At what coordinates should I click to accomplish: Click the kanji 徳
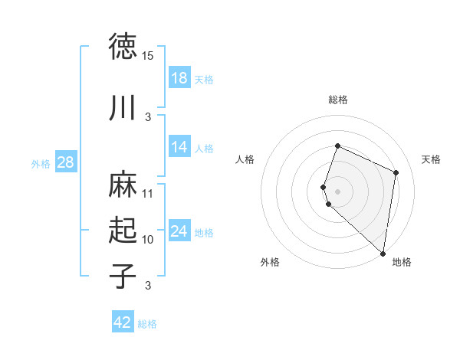click(123, 47)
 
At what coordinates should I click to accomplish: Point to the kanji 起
click(123, 231)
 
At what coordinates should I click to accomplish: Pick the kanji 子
click(123, 276)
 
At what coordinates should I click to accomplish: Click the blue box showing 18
click(179, 78)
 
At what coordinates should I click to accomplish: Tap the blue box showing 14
click(179, 147)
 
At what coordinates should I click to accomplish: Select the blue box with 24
click(179, 231)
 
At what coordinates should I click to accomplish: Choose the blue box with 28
click(65, 162)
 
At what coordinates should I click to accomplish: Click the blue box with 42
click(123, 322)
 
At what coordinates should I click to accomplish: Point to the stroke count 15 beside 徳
click(148, 56)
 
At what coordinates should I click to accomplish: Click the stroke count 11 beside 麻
click(148, 194)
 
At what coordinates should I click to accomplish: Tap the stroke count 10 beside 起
click(148, 240)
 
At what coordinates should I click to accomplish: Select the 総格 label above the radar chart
click(337, 100)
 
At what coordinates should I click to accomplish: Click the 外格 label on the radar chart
click(270, 262)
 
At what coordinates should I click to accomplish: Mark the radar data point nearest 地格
click(383, 254)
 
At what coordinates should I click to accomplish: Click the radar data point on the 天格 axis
click(396, 172)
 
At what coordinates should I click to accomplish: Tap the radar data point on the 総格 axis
click(337, 146)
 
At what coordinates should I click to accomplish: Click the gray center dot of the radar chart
click(337, 191)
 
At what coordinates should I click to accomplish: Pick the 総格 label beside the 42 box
click(147, 324)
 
